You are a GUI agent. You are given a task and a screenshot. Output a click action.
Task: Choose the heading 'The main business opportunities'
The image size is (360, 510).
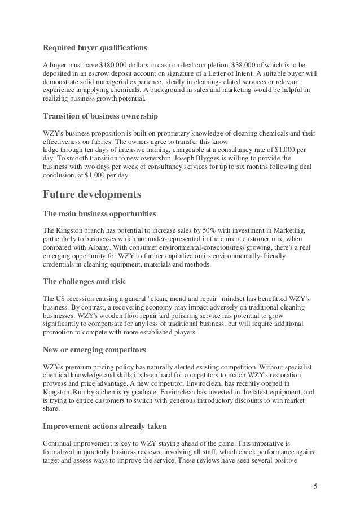tap(99, 215)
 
